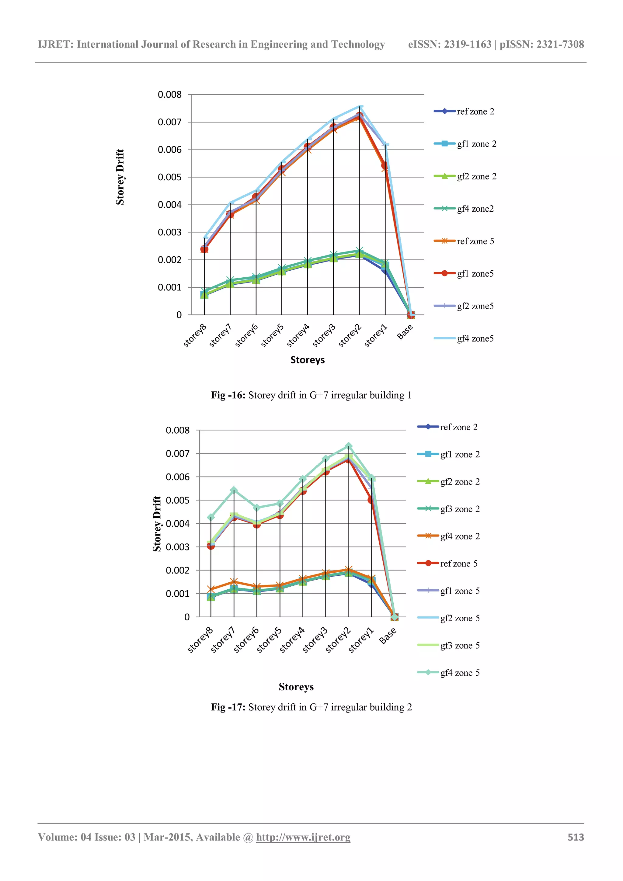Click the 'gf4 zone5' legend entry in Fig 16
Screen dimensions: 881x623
475,338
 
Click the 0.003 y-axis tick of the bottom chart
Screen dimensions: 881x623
177,547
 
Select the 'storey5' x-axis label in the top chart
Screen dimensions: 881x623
272,335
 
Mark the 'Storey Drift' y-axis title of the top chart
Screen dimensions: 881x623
120,177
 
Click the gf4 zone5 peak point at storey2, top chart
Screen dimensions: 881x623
360,107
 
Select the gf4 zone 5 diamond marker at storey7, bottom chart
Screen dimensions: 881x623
234,490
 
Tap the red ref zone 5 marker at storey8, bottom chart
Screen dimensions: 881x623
211,546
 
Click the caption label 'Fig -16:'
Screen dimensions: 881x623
228,395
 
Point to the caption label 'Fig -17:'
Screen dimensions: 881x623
228,707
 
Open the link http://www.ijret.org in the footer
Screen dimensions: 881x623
303,837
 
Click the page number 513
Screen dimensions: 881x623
576,837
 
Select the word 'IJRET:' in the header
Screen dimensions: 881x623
56,44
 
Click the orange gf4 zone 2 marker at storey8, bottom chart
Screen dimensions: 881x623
211,589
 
